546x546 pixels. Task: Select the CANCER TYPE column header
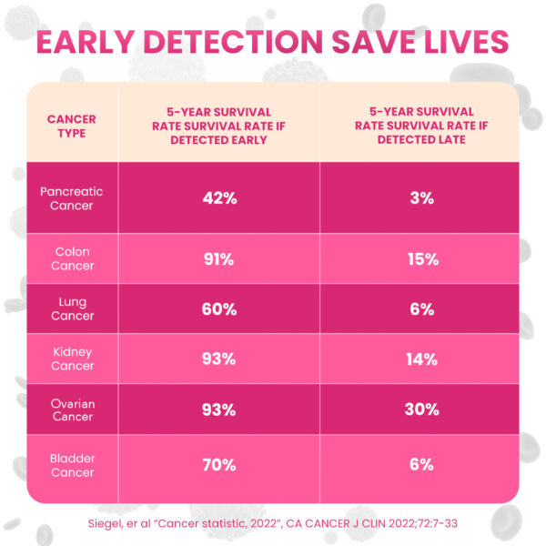click(71, 126)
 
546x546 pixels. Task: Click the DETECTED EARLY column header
click(218, 126)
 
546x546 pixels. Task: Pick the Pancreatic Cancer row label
click(71, 198)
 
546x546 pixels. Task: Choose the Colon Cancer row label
click(71, 258)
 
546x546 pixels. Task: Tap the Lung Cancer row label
click(71, 308)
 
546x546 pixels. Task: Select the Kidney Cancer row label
click(71, 359)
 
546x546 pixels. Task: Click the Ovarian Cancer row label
click(71, 410)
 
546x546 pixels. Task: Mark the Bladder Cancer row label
click(71, 465)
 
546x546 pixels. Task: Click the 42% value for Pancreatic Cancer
click(218, 198)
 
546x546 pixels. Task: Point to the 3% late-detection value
click(420, 198)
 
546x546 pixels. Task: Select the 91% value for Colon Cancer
click(218, 259)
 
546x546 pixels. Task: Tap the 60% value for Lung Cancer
click(218, 309)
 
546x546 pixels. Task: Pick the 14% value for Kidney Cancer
click(420, 359)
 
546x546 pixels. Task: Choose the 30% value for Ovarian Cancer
click(420, 410)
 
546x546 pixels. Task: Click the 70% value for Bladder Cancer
click(218, 466)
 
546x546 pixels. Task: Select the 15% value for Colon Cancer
click(420, 259)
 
